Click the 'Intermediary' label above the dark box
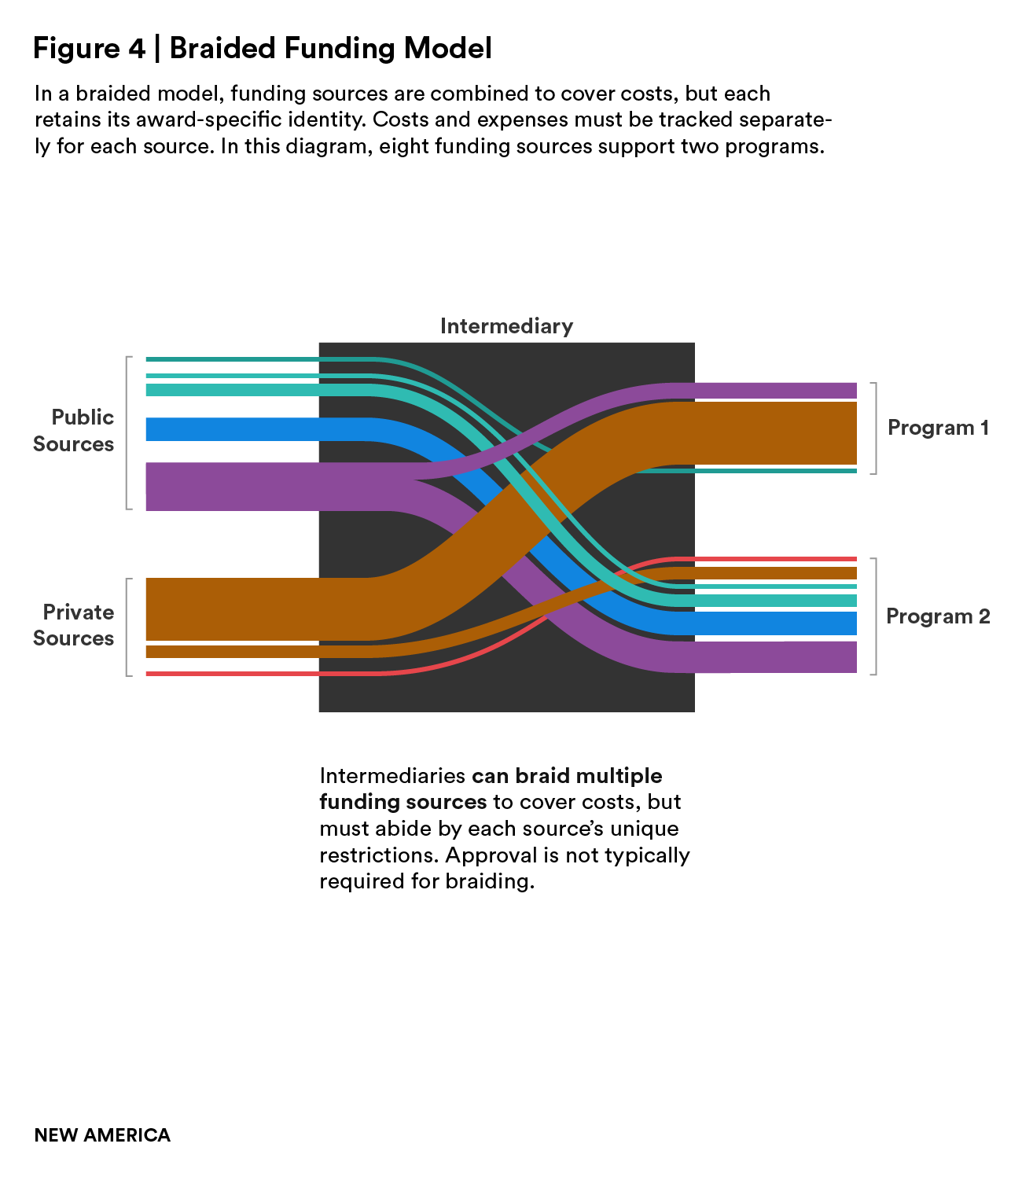click(506, 326)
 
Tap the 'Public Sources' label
click(74, 431)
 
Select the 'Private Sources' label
click(74, 625)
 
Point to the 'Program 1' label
click(938, 428)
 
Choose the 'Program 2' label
click(938, 616)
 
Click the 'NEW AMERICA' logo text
click(102, 1135)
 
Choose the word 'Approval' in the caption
click(489, 855)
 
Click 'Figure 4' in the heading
click(89, 49)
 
